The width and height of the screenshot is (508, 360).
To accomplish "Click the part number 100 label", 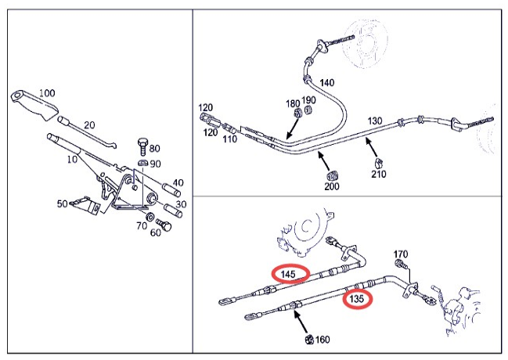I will point(47,93).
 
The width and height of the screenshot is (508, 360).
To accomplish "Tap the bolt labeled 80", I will point(141,145).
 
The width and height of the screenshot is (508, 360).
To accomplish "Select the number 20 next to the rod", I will point(89,124).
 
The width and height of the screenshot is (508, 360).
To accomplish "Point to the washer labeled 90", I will point(142,163).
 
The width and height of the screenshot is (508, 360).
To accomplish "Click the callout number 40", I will point(178,183).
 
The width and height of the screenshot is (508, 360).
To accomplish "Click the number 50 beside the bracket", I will point(62,204).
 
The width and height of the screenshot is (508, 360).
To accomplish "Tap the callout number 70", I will point(142,226).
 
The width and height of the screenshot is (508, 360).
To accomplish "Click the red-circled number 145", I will point(290,274).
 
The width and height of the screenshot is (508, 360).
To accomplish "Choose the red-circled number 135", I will point(357,298).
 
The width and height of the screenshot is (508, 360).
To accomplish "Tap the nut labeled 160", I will point(309,340).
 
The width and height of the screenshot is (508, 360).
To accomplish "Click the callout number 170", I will point(400,254).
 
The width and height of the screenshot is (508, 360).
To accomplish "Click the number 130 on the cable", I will point(374,121).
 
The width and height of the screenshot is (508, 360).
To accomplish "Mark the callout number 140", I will point(326,82).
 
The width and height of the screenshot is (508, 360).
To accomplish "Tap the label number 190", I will point(310,100).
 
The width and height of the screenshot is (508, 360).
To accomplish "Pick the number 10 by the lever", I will point(73,160).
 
